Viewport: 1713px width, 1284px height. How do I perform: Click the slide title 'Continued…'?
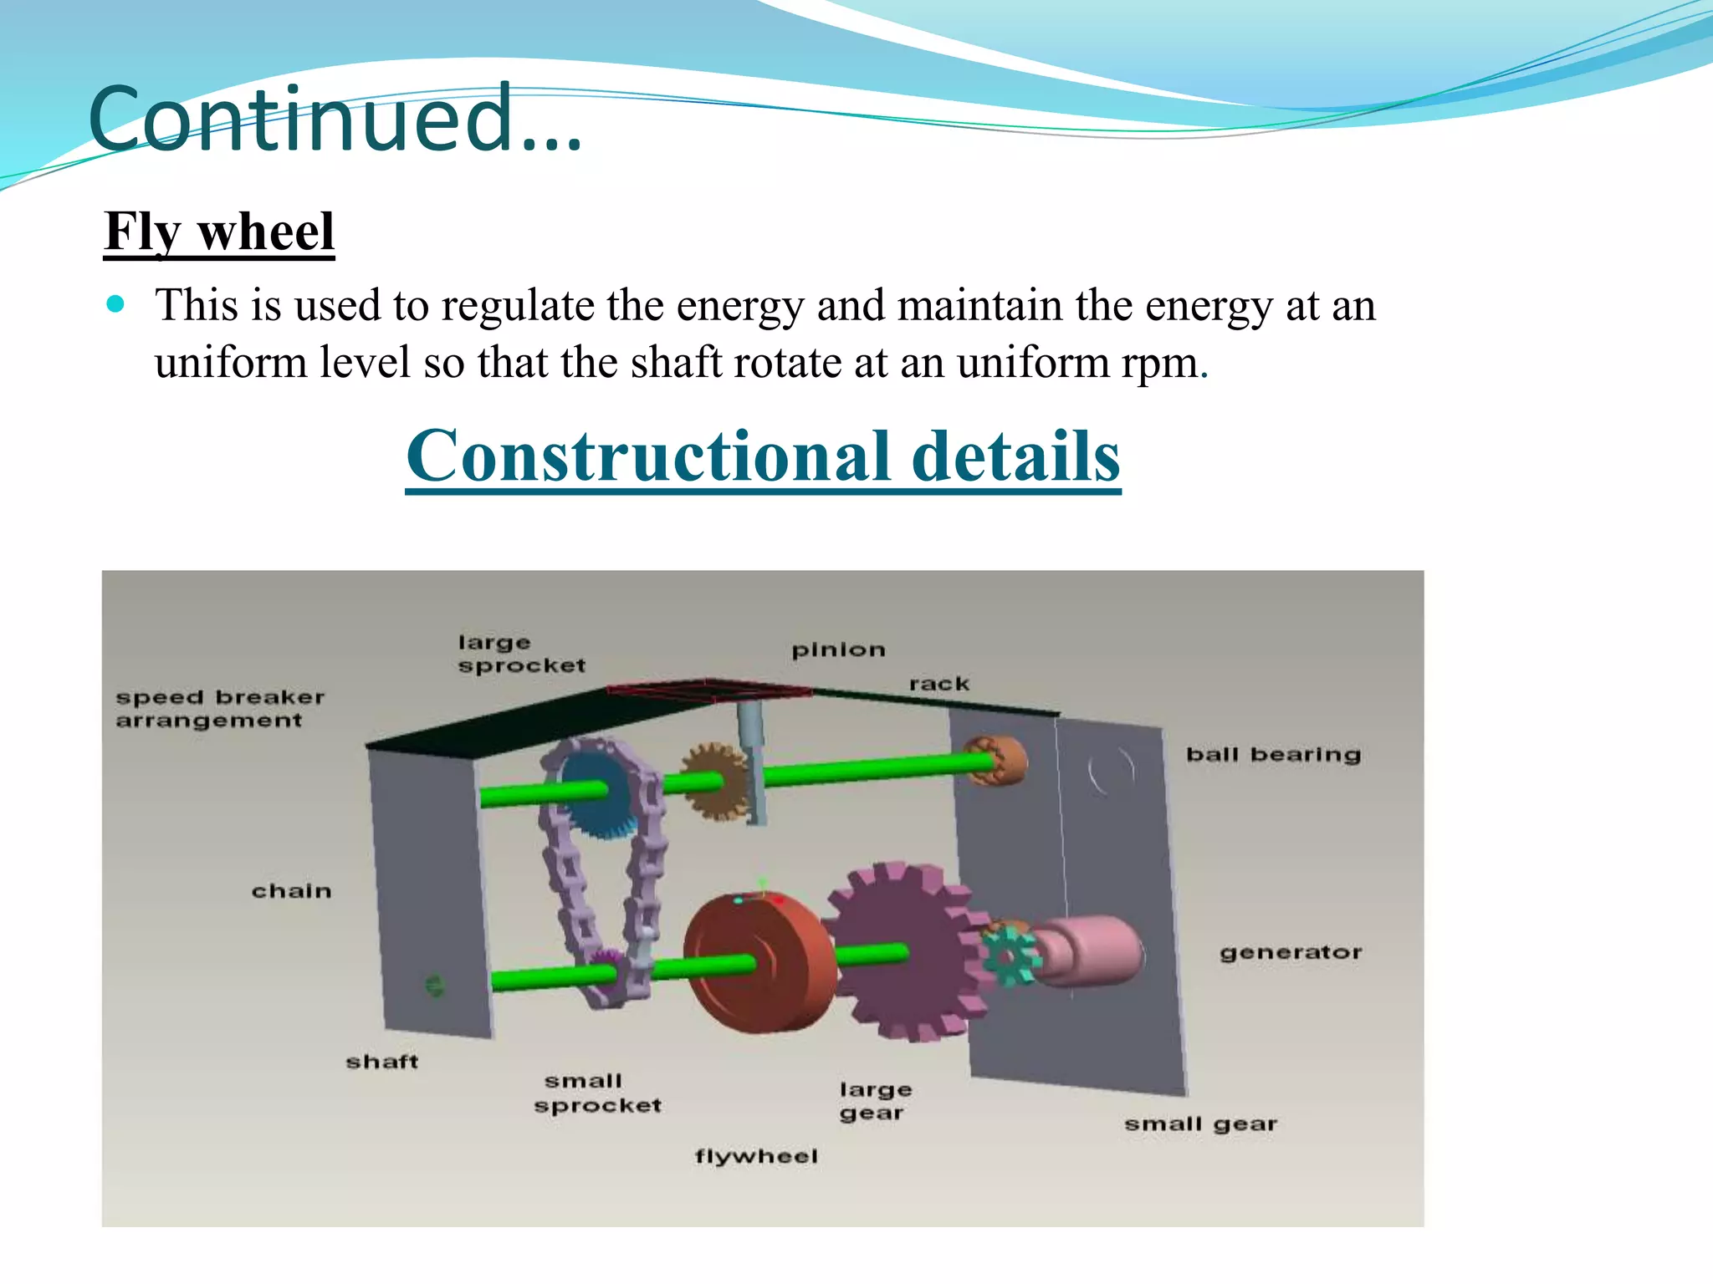tap(335, 119)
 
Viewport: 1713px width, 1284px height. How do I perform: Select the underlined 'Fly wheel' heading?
tap(219, 232)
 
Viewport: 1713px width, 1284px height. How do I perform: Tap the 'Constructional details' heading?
tap(763, 456)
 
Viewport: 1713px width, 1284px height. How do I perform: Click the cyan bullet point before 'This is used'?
tap(116, 303)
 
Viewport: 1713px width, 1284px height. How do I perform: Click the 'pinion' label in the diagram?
tap(838, 650)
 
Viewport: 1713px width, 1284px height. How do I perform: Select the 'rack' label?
tap(939, 684)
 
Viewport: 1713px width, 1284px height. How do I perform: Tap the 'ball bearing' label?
tap(1273, 755)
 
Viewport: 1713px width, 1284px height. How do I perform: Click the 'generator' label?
tap(1291, 952)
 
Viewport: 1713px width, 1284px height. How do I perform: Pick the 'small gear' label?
tap(1200, 1124)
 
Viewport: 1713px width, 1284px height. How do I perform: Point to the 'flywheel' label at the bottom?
tap(756, 1156)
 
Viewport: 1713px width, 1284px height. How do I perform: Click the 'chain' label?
tap(292, 891)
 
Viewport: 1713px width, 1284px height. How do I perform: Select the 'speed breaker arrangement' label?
tap(219, 709)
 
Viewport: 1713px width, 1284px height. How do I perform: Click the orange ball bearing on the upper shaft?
tap(997, 759)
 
